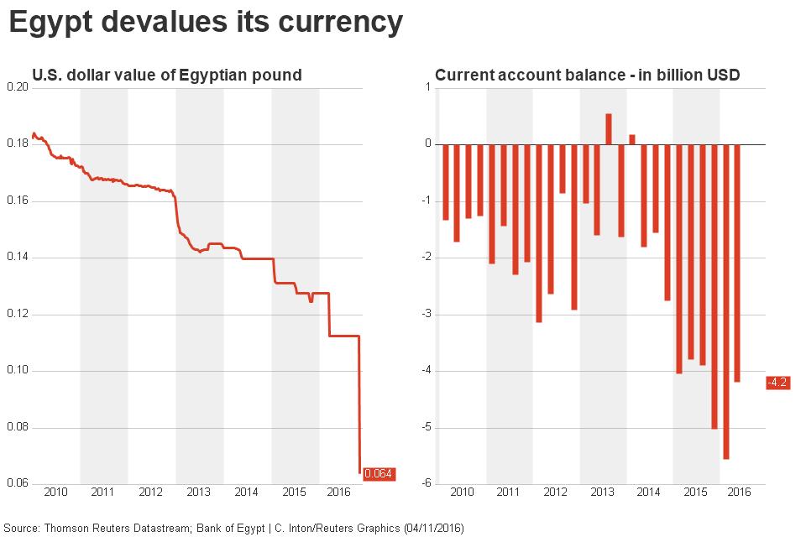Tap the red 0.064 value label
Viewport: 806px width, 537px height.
379,474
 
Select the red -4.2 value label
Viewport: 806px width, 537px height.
777,383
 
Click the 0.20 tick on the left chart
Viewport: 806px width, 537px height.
16,87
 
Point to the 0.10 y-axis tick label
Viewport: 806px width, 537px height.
16,371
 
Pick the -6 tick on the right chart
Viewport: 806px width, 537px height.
427,484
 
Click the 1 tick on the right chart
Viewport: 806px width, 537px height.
427,87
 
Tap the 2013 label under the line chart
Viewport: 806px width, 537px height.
198,492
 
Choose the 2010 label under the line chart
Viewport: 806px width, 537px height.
55,492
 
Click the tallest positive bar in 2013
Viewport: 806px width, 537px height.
609,129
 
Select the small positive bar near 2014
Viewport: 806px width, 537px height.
632,139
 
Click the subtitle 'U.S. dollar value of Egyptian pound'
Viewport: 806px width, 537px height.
166,76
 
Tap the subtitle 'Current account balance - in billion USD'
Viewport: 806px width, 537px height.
587,76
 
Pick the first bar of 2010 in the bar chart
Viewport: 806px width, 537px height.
446,182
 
